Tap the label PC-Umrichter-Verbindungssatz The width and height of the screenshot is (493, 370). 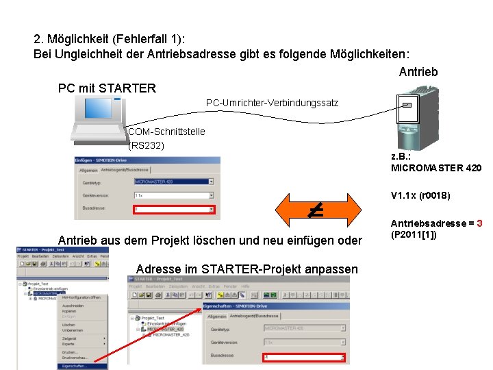pyautogui.click(x=272, y=103)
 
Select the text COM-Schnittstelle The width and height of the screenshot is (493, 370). pyautogui.click(x=166, y=132)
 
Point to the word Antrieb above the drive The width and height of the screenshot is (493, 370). pyautogui.click(x=418, y=71)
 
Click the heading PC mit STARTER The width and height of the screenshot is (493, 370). pyautogui.click(x=108, y=88)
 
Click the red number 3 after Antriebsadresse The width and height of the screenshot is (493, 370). pyautogui.click(x=479, y=223)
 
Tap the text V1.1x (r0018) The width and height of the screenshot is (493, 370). pyautogui.click(x=420, y=195)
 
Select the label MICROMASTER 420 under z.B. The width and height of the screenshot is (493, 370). pyautogui.click(x=436, y=168)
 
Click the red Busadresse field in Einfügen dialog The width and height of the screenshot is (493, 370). pyautogui.click(x=174, y=210)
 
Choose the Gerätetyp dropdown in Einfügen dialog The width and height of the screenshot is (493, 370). pyautogui.click(x=174, y=182)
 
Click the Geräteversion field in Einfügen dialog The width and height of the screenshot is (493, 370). pyautogui.click(x=174, y=195)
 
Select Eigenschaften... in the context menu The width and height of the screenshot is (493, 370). pyautogui.click(x=75, y=367)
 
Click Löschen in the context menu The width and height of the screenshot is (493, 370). pyautogui.click(x=68, y=324)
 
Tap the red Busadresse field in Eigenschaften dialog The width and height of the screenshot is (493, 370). pyautogui.click(x=304, y=357)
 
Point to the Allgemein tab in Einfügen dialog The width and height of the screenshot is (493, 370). pyautogui.click(x=88, y=169)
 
